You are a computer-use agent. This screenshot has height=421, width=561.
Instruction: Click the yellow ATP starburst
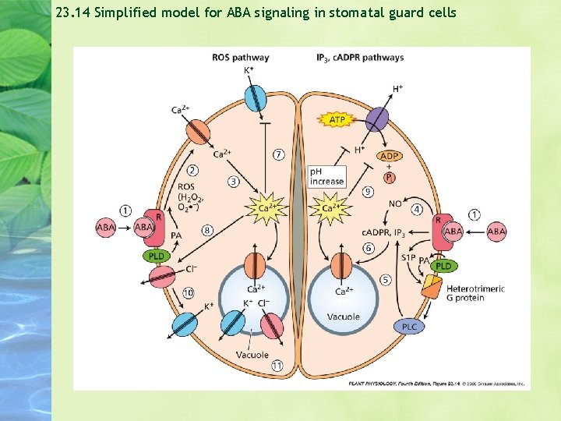337,120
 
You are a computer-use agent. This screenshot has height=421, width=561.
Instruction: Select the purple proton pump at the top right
377,119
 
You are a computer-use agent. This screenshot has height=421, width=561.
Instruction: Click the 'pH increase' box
326,176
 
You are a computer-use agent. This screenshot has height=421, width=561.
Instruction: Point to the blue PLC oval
409,327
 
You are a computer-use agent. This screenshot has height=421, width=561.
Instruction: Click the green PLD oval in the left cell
156,256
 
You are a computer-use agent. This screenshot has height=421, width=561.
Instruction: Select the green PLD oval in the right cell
443,266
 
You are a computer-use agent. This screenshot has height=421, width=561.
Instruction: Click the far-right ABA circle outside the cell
496,231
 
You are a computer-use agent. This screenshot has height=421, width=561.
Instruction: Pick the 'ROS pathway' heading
240,57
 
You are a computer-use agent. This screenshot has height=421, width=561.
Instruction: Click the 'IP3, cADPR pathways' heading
360,57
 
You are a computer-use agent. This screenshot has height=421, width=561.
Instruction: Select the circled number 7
278,154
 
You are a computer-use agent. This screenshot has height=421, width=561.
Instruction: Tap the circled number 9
369,192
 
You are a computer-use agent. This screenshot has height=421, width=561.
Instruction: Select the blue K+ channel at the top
256,98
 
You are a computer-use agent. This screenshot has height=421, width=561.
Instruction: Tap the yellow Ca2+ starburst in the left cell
263,209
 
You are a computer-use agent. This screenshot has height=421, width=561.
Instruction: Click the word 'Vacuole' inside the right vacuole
344,317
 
